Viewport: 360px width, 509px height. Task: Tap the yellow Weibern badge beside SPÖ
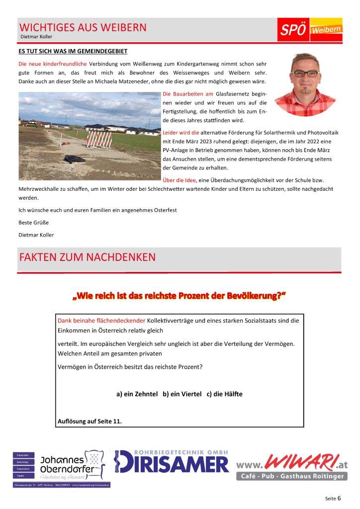tap(326, 31)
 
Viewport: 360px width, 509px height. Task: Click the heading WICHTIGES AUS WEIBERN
tap(83, 27)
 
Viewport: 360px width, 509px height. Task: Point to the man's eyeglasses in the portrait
tap(307, 73)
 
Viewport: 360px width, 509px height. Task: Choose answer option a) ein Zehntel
tap(136, 394)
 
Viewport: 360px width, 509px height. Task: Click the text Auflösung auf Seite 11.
tap(90, 422)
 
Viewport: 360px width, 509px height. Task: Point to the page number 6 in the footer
tap(339, 497)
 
